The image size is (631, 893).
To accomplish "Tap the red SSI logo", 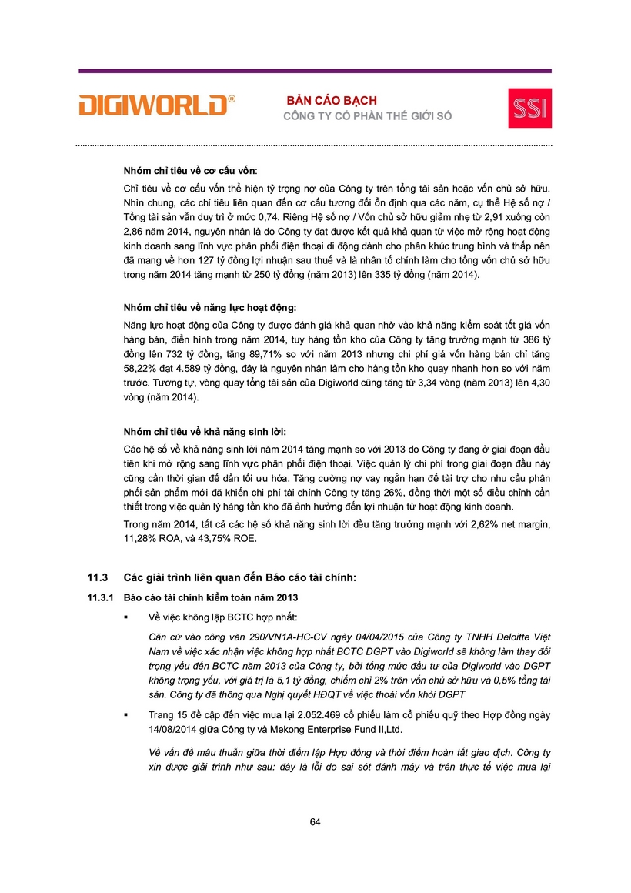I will [x=529, y=108].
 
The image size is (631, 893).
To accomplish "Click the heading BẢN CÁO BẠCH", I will [x=332, y=101].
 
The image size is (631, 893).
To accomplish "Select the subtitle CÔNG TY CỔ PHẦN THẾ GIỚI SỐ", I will [x=368, y=116].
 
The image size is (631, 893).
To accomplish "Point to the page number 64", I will [x=315, y=821].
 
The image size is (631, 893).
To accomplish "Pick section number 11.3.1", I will [x=98, y=597].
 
